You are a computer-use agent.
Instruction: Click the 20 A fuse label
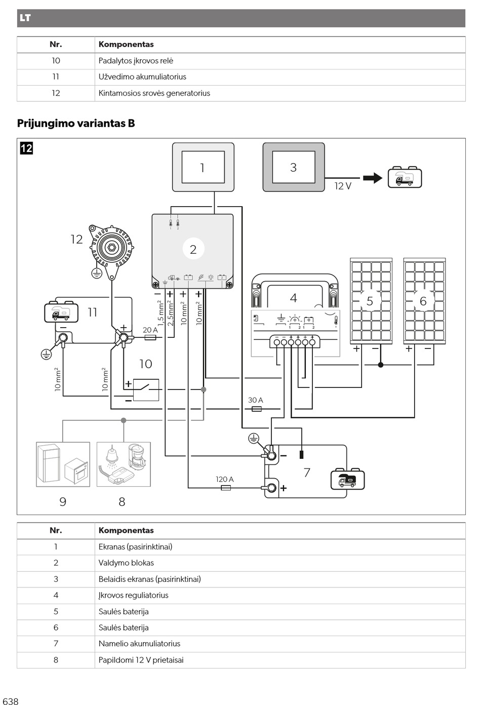click(150, 330)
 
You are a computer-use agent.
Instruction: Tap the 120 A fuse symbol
click(226, 488)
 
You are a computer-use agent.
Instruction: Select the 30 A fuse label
click(256, 400)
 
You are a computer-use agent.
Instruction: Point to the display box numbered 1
click(203, 167)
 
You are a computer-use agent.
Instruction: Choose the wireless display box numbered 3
click(294, 167)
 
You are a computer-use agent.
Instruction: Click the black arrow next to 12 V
click(373, 178)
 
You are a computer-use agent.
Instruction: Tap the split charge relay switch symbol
click(146, 390)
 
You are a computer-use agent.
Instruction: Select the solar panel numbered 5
click(371, 301)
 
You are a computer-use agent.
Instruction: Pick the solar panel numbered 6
click(424, 301)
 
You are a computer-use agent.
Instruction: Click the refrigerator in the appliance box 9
click(49, 463)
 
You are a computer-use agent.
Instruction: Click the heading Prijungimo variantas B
click(76, 124)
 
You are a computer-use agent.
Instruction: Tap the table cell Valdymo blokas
click(126, 563)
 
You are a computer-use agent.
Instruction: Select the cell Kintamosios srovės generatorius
click(154, 93)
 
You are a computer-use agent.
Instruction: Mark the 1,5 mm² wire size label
click(161, 313)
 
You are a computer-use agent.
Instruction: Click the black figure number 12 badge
click(26, 148)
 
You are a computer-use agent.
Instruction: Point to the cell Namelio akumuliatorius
click(139, 644)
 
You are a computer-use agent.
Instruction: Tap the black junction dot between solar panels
click(381, 365)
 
